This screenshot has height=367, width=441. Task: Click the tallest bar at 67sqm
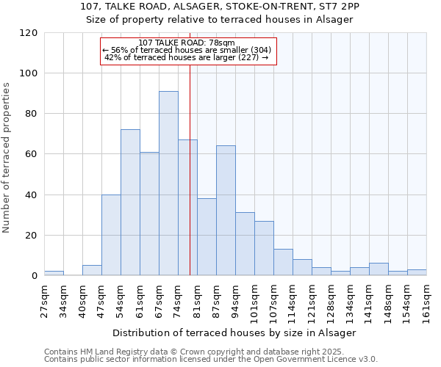[x=168, y=183]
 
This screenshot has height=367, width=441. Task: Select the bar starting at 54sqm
[x=130, y=203]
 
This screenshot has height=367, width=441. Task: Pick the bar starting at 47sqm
[x=111, y=235]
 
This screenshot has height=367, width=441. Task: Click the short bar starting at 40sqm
[x=92, y=270]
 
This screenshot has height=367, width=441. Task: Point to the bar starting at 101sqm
[x=264, y=248]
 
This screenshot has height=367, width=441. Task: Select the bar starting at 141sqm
[x=379, y=269]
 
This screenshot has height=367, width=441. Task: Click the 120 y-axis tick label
[x=29, y=33]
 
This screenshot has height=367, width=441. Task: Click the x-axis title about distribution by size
[x=235, y=333]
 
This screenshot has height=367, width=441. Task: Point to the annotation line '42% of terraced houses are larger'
[x=186, y=57]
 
